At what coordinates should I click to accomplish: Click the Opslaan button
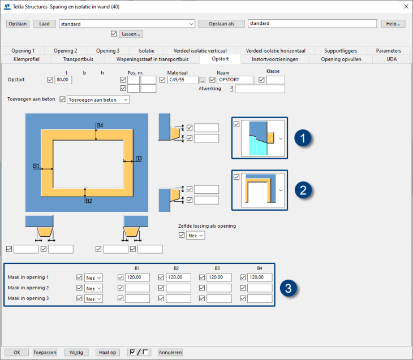point(18,24)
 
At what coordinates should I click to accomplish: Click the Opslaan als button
point(221,24)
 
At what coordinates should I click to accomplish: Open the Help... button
point(393,24)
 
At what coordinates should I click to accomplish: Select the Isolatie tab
point(146,50)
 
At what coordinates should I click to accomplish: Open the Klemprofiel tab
point(26,58)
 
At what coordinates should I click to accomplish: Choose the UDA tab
point(392,58)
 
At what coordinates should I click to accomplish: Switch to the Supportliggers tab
point(341,50)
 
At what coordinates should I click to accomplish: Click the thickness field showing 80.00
point(63,80)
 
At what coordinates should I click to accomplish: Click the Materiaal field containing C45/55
point(183,80)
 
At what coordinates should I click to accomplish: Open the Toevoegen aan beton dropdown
point(98,99)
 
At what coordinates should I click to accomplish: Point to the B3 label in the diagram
point(138,158)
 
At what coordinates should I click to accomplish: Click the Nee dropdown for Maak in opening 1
point(93,277)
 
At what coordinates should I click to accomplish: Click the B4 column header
point(260,268)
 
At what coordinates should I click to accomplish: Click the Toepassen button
point(45,352)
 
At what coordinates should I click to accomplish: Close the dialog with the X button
point(405,6)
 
